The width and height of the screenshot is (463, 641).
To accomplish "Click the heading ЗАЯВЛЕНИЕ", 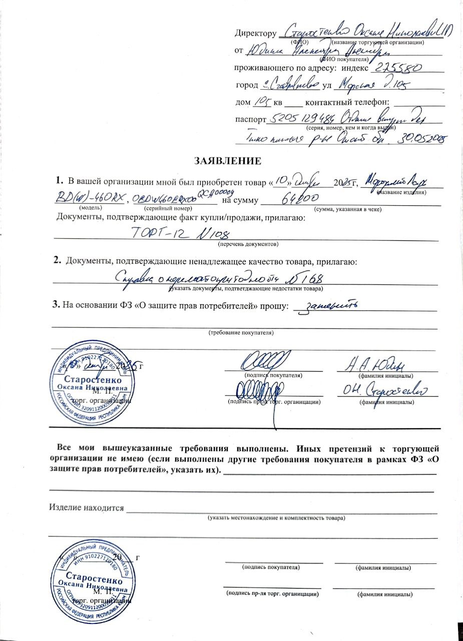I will tap(228, 161).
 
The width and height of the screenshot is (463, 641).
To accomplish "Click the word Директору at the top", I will tap(255, 34).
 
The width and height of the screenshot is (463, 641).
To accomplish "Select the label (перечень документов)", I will tap(247, 244).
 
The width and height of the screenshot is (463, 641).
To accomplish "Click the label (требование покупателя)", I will tap(241, 332).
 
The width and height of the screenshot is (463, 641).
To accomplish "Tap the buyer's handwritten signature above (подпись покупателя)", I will tap(265, 361).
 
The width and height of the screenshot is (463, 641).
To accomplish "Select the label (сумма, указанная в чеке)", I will tap(347, 209).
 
